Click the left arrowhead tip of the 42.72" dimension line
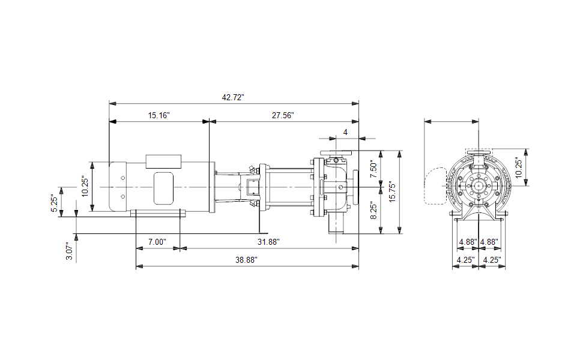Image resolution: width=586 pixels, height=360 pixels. click(109, 103)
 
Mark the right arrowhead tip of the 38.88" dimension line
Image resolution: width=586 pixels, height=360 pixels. click(359, 266)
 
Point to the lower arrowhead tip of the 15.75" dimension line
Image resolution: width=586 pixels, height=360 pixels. click(399, 234)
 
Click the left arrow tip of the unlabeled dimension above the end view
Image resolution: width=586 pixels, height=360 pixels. click(424, 121)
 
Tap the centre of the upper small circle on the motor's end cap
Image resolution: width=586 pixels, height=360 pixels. click(122, 178)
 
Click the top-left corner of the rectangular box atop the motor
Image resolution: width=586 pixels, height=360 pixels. click(146, 155)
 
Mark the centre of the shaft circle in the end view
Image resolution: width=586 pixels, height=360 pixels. click(479, 185)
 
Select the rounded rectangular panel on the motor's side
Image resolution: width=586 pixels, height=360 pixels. click(164, 188)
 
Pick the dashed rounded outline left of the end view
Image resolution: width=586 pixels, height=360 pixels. click(435, 186)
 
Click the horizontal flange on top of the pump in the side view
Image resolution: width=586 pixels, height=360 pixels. click(336, 153)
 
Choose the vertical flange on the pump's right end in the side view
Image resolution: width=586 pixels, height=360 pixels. click(355, 185)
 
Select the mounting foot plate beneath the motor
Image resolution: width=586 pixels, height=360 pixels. click(158, 213)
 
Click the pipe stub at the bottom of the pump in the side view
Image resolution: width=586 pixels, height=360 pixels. click(336, 225)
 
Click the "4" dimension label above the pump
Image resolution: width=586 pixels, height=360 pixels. click(345, 132)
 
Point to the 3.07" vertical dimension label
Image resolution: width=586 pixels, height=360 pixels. click(69, 251)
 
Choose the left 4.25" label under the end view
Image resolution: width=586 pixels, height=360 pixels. click(465, 260)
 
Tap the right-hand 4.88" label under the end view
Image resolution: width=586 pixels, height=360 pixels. click(489, 242)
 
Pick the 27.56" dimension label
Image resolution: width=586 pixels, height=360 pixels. click(283, 115)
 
